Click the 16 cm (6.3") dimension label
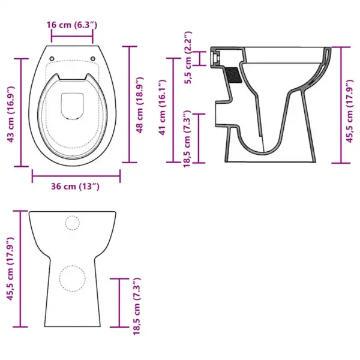[x=73, y=25]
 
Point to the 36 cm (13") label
[x=75, y=187]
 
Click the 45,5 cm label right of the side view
[x=354, y=106]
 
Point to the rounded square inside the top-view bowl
[x=73, y=106]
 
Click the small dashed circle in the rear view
[x=72, y=223]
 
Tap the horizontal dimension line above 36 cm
[x=76, y=176]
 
